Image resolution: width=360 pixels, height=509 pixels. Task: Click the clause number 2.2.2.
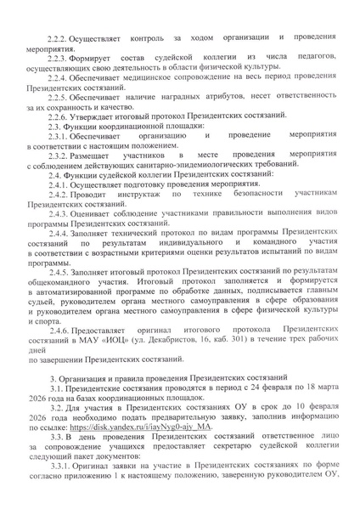pyautogui.click(x=59, y=40)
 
